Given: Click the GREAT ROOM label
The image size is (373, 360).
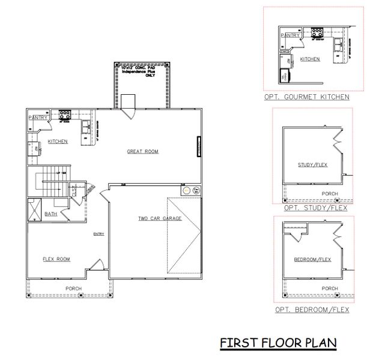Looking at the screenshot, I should (x=142, y=151).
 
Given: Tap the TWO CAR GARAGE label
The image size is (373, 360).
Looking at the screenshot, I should (x=159, y=218).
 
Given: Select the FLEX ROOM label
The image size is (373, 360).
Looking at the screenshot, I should (x=56, y=259).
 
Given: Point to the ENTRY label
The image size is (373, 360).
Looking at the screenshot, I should (x=99, y=235).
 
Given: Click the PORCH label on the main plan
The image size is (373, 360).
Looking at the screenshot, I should (x=73, y=289).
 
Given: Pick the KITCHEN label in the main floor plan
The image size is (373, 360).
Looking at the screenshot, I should (x=58, y=142).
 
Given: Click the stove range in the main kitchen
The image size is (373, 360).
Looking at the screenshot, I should (x=65, y=114).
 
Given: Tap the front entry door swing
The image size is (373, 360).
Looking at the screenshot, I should (x=97, y=264).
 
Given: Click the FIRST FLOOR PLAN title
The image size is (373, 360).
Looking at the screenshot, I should (x=277, y=343).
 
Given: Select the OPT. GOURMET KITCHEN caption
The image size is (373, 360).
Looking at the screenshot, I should (x=306, y=97).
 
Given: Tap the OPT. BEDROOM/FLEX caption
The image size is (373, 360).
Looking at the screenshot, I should (x=311, y=310).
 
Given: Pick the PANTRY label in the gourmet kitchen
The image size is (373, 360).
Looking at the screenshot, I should (x=291, y=35).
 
